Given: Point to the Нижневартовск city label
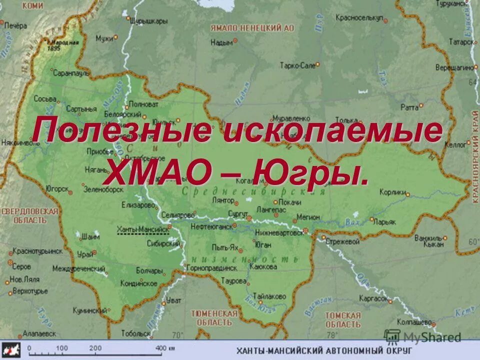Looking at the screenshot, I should [x=279, y=232].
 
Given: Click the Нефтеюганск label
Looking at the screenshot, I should [x=211, y=226].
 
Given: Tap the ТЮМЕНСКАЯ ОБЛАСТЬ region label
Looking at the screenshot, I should [x=214, y=318].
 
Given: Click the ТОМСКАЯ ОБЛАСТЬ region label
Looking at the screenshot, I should [x=342, y=319].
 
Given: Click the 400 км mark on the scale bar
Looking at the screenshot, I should [x=161, y=348].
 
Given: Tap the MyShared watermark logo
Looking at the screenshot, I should [x=422, y=336].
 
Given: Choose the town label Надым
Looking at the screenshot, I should [x=221, y=43].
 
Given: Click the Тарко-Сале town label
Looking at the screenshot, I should [x=297, y=65].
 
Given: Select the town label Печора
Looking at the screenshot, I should [x=15, y=25].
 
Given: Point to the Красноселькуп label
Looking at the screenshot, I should [x=359, y=17].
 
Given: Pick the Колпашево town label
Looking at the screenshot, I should [x=413, y=322].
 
